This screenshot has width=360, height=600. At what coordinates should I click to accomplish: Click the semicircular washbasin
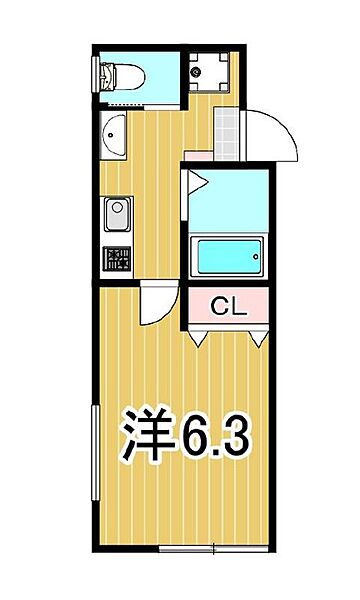(112, 135)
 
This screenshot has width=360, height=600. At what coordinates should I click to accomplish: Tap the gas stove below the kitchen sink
(116, 258)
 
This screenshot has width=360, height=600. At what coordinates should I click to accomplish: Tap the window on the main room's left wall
(95, 455)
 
